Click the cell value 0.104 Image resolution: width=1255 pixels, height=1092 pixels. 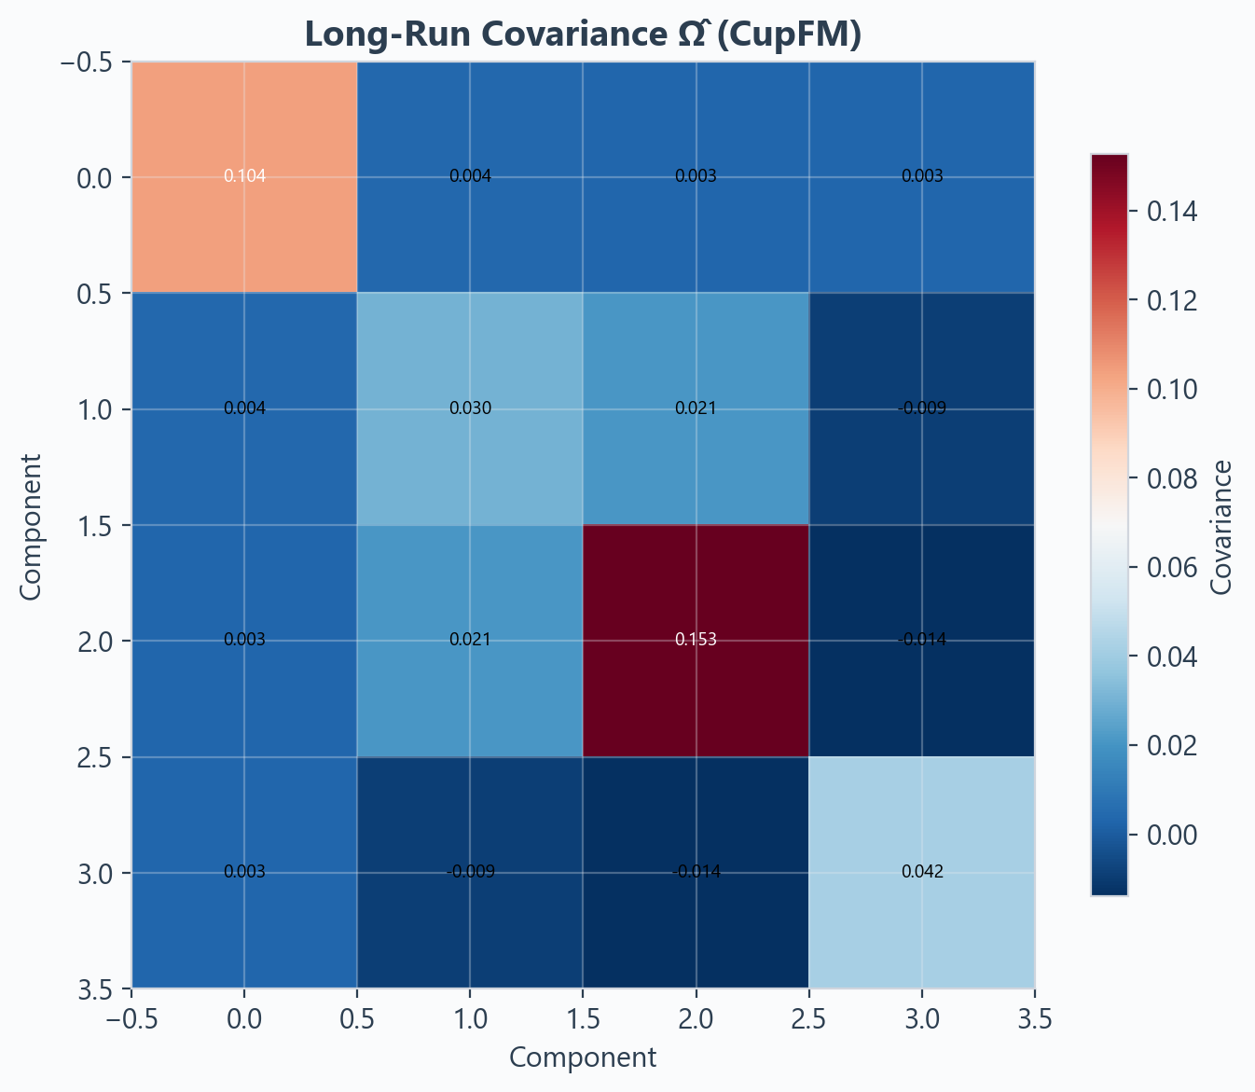244,176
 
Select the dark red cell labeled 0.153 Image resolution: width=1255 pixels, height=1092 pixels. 696,640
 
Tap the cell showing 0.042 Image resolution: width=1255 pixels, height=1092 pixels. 922,872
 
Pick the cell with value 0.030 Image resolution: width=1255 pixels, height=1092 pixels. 470,408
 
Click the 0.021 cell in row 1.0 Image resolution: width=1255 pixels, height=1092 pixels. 696,408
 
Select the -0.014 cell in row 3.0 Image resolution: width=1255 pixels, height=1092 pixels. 696,872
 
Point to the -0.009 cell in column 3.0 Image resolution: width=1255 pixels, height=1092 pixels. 922,408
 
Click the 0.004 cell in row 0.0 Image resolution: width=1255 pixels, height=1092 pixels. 470,176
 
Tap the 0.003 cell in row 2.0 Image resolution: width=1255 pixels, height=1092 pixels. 244,640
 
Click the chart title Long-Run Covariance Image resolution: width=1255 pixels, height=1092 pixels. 582,34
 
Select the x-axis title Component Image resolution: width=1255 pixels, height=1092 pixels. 583,1057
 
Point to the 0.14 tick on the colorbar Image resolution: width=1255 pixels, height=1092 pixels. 1173,213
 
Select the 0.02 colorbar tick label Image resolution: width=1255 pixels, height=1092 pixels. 1173,745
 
